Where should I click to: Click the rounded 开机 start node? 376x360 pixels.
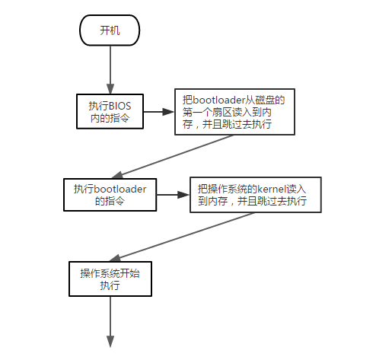[110, 30]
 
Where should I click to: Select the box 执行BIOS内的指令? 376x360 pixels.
[110, 111]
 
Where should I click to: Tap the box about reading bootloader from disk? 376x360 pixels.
[234, 112]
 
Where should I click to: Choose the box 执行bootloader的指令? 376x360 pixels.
[110, 195]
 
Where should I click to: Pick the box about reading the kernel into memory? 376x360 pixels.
[256, 195]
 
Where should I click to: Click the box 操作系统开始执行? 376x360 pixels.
[110, 279]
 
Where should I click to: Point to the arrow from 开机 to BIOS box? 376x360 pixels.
[110, 70]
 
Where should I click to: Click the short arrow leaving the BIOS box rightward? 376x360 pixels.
[159, 112]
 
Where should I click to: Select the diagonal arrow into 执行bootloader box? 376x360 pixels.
[172, 157]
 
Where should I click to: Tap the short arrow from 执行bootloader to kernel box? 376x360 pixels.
[174, 195]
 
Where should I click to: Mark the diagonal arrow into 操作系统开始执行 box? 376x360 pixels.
[182, 237]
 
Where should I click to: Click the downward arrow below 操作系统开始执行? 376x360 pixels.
[110, 322]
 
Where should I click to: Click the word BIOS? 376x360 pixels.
[120, 106]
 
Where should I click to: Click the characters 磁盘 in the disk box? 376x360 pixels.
[265, 100]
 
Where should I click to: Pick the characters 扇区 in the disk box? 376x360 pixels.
[222, 112]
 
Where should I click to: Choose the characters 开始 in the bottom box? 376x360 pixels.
[129, 273]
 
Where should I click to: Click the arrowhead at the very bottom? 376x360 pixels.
[110, 342]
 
